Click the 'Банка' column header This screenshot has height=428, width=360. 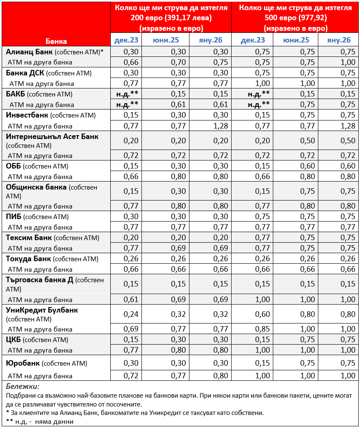(x=56, y=41)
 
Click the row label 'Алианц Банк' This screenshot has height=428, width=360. (x=30, y=52)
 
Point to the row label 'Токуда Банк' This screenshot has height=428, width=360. (x=29, y=259)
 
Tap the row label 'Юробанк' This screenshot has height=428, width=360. (x=23, y=363)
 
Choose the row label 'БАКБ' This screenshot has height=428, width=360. (x=15, y=94)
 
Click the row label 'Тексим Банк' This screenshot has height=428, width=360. (x=29, y=238)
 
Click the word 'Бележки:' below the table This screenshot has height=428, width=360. (x=23, y=386)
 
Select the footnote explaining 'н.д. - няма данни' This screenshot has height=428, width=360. (x=40, y=421)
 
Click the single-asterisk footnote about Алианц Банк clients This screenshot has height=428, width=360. (x=135, y=412)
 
